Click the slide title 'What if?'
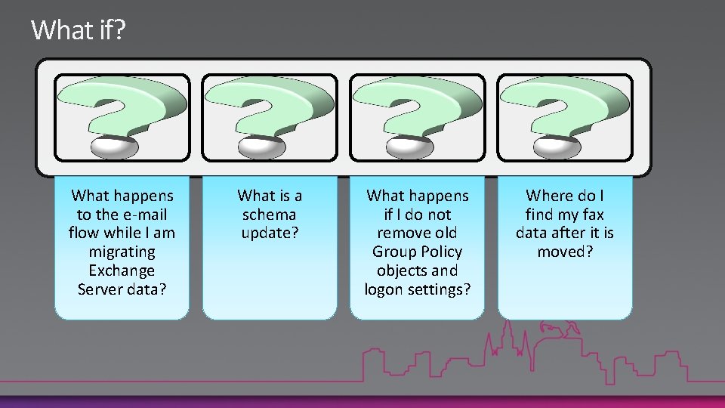tap(79, 31)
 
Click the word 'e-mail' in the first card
tap(144, 215)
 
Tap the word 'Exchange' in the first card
tap(122, 270)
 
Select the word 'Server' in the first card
tap(97, 289)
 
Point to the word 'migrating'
tap(122, 252)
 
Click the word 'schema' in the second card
tap(270, 215)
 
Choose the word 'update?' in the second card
tap(270, 233)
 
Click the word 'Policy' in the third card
tap(442, 252)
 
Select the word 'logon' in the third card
tap(384, 289)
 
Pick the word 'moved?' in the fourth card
tap(565, 252)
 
